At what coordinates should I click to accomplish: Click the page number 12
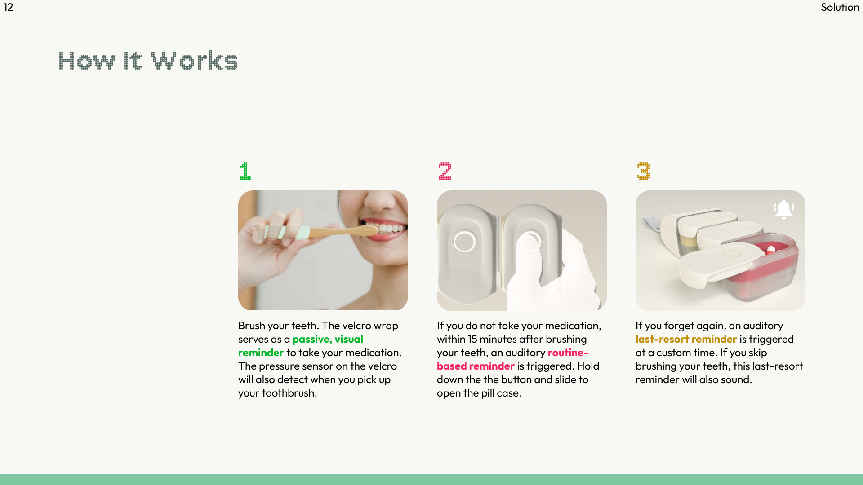click(x=9, y=7)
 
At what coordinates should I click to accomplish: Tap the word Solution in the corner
click(x=840, y=7)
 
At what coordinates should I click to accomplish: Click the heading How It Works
click(x=148, y=61)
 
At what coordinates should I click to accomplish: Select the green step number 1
click(x=245, y=171)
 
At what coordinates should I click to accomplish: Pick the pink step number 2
click(x=445, y=171)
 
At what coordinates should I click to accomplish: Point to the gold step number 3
click(x=644, y=171)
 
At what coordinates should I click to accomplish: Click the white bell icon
click(x=784, y=209)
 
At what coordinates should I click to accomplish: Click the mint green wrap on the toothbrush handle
click(x=302, y=233)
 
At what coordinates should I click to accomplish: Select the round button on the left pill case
click(x=464, y=242)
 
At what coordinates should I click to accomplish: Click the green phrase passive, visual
click(x=328, y=339)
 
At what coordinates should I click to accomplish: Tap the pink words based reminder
click(x=476, y=366)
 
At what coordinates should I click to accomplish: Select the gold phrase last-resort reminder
click(x=686, y=339)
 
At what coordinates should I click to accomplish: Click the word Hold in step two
click(x=588, y=366)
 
